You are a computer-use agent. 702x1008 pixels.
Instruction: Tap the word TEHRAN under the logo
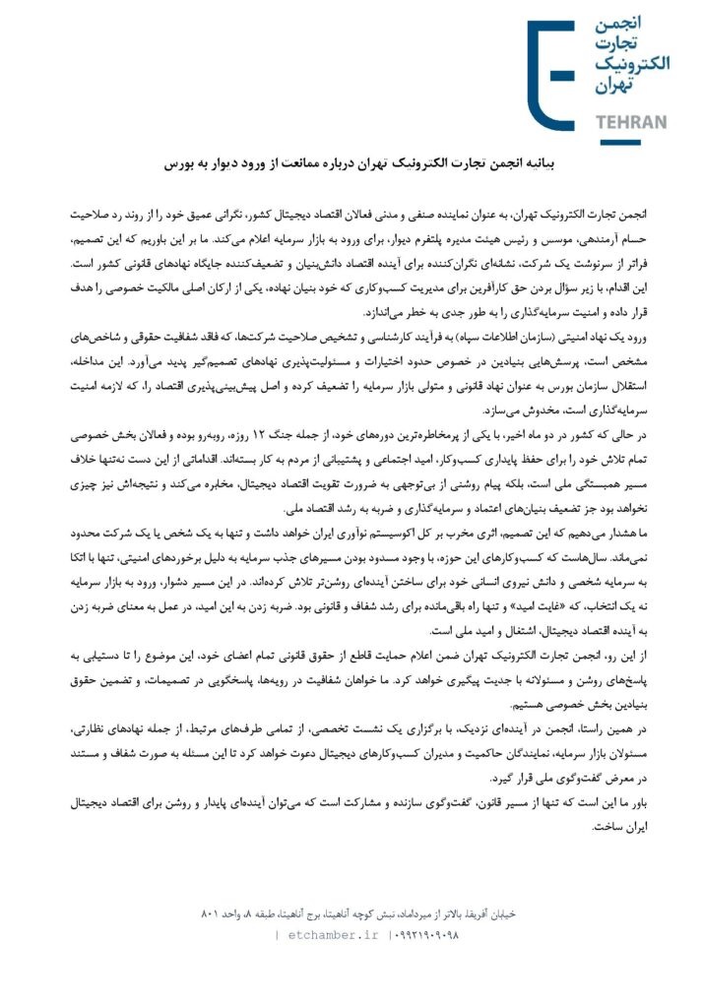click(x=632, y=122)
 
